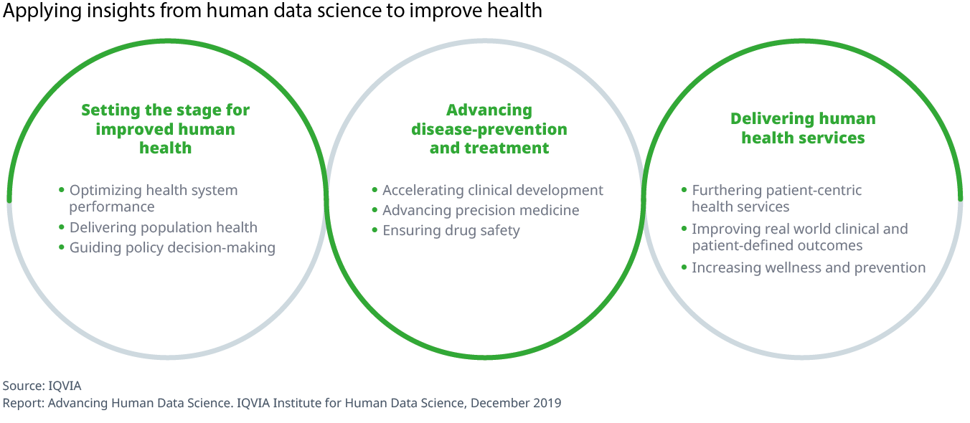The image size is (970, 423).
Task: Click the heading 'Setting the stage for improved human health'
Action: click(x=165, y=129)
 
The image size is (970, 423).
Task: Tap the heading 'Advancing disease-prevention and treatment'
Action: click(x=489, y=129)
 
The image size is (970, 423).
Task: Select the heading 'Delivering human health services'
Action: click(x=803, y=128)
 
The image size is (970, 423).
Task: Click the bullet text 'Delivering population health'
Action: click(x=163, y=227)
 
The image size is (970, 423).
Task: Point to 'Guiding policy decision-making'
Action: click(x=172, y=247)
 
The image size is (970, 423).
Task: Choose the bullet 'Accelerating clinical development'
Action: click(x=493, y=190)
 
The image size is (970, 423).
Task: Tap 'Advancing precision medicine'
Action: click(x=481, y=210)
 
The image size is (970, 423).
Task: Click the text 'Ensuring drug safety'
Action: click(x=451, y=230)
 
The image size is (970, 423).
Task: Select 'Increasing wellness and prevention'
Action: click(x=809, y=267)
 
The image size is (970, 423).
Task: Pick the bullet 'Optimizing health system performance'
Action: click(x=153, y=199)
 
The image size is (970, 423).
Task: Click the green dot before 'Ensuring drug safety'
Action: click(x=375, y=230)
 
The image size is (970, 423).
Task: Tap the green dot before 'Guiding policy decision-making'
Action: click(x=62, y=247)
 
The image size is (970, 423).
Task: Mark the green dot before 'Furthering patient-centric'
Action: click(x=684, y=190)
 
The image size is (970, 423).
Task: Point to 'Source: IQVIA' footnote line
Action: click(x=42, y=386)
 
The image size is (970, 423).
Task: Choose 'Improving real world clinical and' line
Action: click(x=800, y=229)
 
